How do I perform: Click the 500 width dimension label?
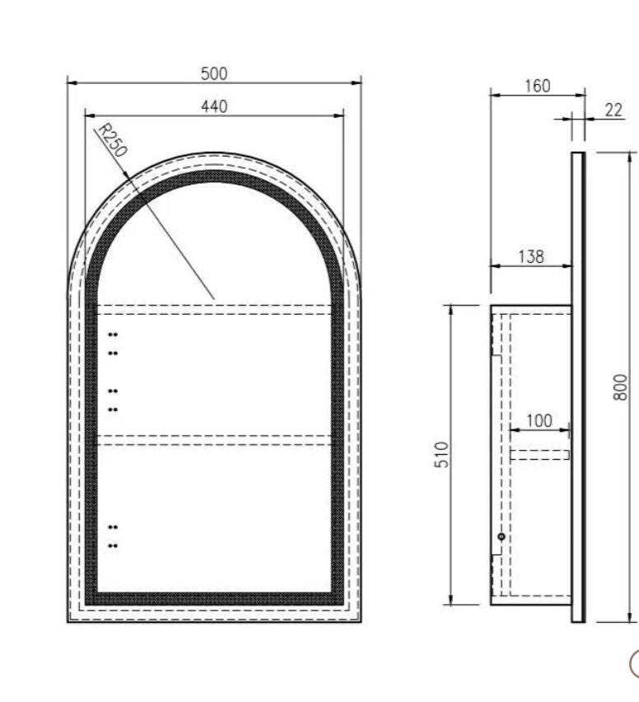coord(213,73)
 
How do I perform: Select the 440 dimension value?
coord(213,106)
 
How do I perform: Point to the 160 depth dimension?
coord(537,86)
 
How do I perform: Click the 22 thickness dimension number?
coord(613,110)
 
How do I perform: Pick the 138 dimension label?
coord(531,256)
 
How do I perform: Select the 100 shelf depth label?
coord(539,421)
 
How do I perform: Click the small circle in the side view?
coord(501,536)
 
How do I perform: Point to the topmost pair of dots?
coord(113,335)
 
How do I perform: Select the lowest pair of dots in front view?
coord(113,545)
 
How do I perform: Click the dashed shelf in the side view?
coord(539,454)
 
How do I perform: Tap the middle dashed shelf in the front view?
coord(214,440)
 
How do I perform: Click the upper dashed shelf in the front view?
coord(214,310)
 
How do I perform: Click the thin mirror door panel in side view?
coord(578,387)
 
